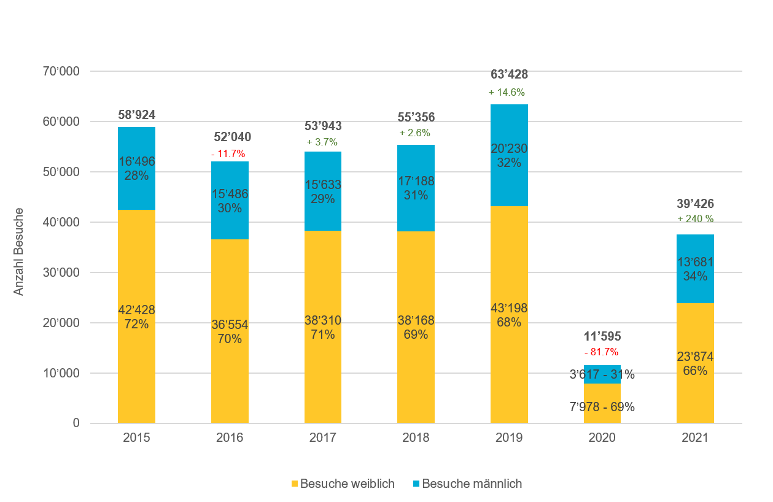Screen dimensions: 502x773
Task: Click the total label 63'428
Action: [509, 75]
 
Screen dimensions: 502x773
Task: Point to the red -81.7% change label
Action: [602, 352]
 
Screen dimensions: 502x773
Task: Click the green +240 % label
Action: [695, 219]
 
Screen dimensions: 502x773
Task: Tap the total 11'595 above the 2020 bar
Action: [602, 336]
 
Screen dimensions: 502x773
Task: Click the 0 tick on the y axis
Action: [76, 423]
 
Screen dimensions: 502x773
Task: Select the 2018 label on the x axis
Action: [416, 438]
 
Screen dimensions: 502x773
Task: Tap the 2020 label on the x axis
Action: [602, 438]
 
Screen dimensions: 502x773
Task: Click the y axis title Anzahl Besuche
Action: [19, 252]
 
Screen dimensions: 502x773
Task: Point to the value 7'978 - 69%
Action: [602, 407]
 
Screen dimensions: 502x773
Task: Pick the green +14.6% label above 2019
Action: [507, 93]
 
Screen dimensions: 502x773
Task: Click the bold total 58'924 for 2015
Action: [136, 115]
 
